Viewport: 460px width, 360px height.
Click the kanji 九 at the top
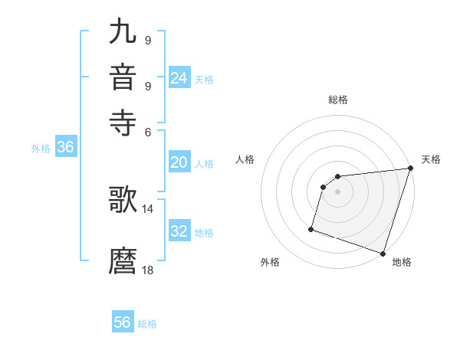click(x=123, y=33)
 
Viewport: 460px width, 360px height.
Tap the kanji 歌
click(x=123, y=198)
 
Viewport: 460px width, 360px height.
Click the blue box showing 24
click(x=179, y=77)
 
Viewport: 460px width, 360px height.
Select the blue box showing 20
click(x=179, y=162)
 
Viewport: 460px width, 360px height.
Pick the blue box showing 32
click(x=179, y=231)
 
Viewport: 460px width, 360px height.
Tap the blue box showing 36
click(x=65, y=148)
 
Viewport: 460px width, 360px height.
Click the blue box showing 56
click(x=123, y=322)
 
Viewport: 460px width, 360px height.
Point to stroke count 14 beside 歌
click(x=148, y=208)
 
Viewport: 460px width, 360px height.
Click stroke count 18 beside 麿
click(x=148, y=270)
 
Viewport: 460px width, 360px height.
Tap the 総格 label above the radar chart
click(x=338, y=100)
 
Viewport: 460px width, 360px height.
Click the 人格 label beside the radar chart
click(x=245, y=159)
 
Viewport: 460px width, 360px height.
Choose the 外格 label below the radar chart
click(x=270, y=262)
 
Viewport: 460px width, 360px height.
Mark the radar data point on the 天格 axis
click(x=410, y=169)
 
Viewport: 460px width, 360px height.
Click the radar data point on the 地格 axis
click(x=383, y=253)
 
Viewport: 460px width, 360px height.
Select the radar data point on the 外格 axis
click(x=311, y=228)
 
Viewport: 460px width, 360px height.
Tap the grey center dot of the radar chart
click(x=337, y=192)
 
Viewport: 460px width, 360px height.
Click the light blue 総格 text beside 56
click(x=147, y=324)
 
